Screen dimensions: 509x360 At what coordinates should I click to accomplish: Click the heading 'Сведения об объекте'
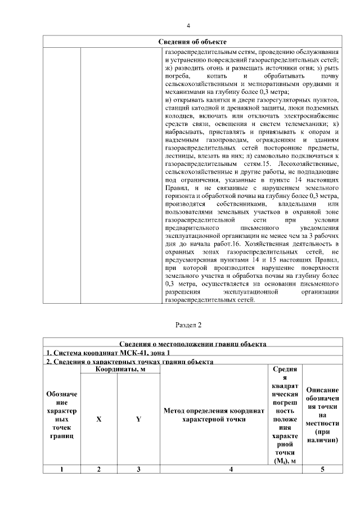192,42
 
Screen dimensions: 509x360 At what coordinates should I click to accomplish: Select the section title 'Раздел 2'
188,325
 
